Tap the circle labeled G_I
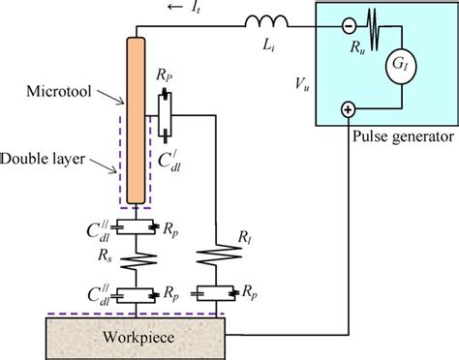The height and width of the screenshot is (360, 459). [397, 67]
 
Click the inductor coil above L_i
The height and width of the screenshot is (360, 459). [263, 20]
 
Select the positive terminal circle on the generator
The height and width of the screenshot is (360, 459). [348, 110]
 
